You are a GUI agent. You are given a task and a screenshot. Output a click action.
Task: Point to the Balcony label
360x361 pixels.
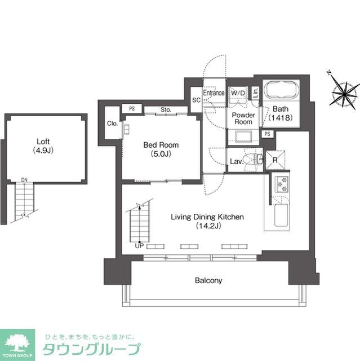click(x=208, y=280)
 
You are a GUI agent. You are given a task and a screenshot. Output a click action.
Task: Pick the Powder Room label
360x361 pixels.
click(x=244, y=118)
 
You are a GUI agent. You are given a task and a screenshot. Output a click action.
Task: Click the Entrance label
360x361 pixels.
click(x=214, y=93)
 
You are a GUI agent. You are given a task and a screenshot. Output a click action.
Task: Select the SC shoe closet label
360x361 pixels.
click(x=196, y=100)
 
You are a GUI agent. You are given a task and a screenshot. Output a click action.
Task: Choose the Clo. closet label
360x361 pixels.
click(x=112, y=124)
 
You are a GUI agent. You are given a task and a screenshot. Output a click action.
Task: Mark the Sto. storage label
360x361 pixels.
click(x=166, y=109)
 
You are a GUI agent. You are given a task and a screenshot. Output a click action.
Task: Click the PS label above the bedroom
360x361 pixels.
click(x=132, y=109)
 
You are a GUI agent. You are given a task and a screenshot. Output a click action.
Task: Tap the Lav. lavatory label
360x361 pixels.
click(x=236, y=161)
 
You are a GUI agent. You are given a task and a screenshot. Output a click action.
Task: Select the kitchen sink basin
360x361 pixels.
click(x=280, y=217)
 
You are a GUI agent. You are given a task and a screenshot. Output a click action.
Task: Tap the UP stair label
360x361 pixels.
click(x=139, y=245)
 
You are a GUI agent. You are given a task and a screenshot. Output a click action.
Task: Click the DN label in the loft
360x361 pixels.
click(x=24, y=180)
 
